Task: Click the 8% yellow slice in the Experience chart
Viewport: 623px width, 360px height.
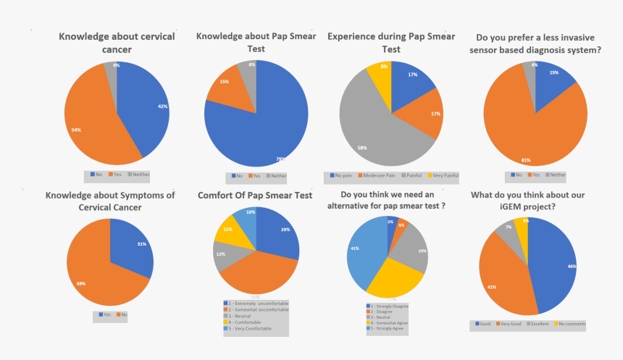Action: point(379,74)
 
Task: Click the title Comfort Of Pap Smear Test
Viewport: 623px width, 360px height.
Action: point(255,195)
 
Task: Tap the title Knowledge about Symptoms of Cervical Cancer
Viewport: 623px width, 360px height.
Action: point(110,201)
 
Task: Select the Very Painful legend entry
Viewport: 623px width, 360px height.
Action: point(443,175)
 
